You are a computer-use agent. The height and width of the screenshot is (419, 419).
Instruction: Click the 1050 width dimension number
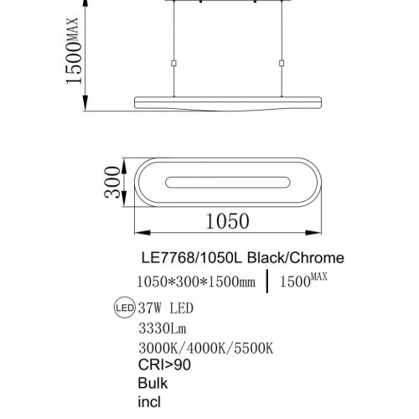[x=227, y=220]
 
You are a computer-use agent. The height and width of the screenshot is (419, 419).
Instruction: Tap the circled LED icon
[x=122, y=307]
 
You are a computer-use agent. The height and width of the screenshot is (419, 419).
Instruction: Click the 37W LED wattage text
[x=163, y=308]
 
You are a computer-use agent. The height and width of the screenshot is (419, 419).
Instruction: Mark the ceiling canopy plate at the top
[x=225, y=3]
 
